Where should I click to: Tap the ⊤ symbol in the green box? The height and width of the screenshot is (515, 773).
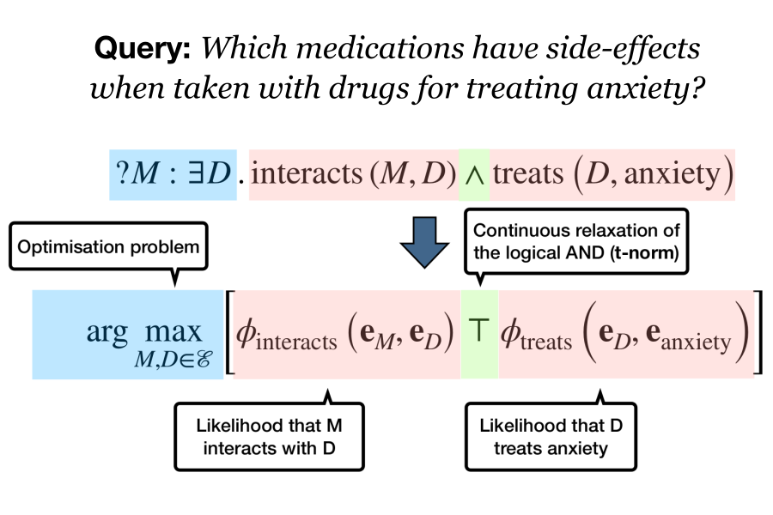tap(479, 331)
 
